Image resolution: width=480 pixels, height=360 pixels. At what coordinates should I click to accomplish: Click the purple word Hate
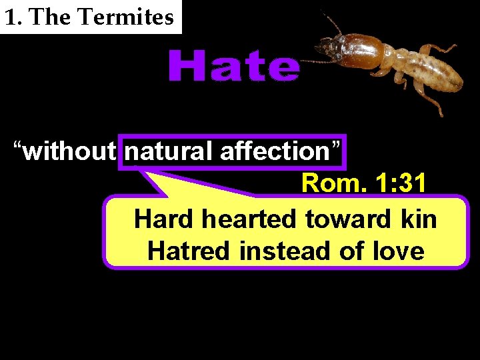click(233, 67)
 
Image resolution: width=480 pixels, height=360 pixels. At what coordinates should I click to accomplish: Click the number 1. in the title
click(14, 17)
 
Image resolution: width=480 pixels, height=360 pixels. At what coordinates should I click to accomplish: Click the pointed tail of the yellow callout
click(150, 177)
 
